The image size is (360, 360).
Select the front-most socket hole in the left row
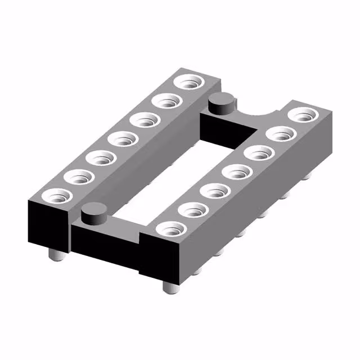click(x=57, y=196)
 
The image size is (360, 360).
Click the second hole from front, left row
click(x=79, y=177)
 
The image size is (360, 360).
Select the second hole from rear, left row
click(x=166, y=101)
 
